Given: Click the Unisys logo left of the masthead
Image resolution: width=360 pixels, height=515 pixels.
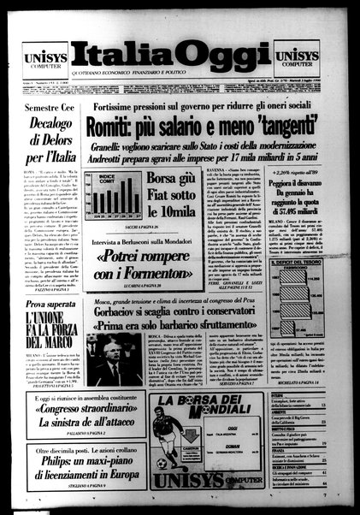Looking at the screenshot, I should tap(38, 56).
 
